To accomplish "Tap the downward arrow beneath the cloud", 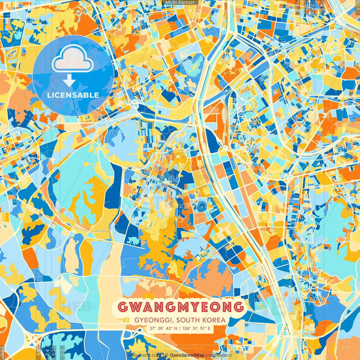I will click(69, 80).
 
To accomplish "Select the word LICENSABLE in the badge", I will click(73, 95).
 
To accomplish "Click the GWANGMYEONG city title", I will click(181, 307).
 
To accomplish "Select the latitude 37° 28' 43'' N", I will click(163, 328).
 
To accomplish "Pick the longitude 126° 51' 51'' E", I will click(197, 328).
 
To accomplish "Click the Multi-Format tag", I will click(180, 3).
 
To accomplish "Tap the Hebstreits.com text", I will click(144, 355).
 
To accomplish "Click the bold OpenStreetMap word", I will click(187, 355).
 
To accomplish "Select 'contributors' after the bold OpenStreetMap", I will click(219, 355).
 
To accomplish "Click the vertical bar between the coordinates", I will click(180, 328).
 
